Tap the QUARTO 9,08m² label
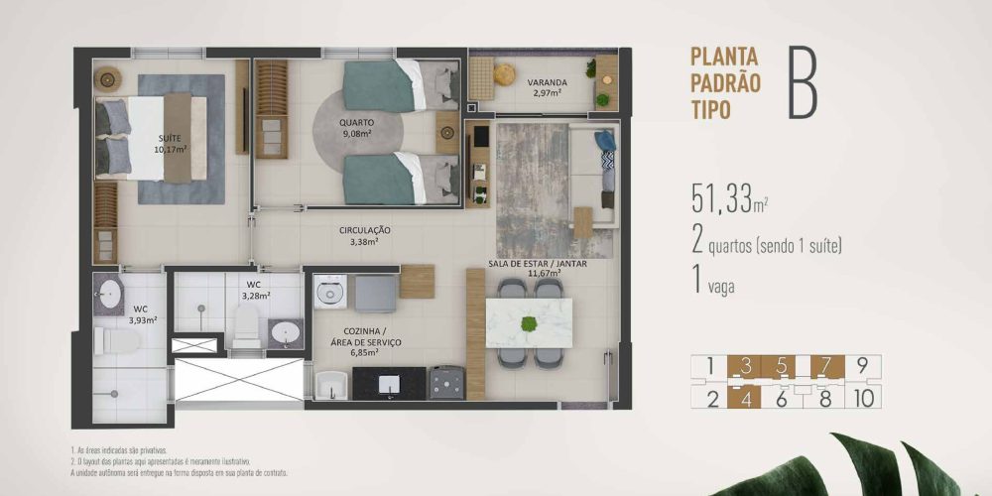356,128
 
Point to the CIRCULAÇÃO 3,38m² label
363,234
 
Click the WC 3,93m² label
143,313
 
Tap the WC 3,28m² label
254,290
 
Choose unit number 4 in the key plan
745,400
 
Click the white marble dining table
530,323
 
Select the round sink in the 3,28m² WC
285,333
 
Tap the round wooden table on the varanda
505,72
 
